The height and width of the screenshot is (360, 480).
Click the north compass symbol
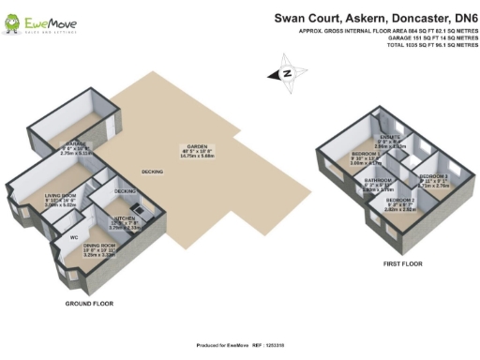coord(288,72)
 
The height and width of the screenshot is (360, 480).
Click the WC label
coord(73,237)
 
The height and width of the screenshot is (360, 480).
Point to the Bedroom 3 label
coord(433,176)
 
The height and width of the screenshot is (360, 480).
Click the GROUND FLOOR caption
coord(90,304)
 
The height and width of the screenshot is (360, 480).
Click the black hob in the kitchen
coord(137,208)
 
